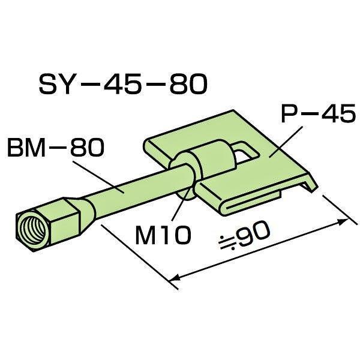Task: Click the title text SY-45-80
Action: tap(123, 84)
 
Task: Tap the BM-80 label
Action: tap(56, 148)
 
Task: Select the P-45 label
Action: tap(319, 113)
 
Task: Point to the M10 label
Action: tap(163, 235)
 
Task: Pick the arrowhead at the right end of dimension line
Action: tap(343, 221)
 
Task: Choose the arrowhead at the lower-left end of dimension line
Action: tap(174, 278)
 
